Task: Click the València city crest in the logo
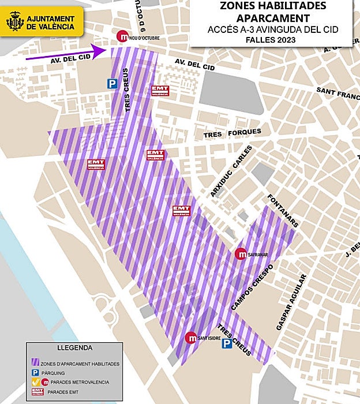[x=14, y=21]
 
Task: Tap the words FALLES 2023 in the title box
[x=270, y=40]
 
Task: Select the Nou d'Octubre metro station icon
[x=122, y=36]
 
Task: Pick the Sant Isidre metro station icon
[x=190, y=338]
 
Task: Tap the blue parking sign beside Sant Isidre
[x=227, y=343]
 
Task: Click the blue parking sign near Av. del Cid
[x=111, y=84]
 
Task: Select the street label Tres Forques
[x=232, y=133]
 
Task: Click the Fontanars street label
[x=282, y=211]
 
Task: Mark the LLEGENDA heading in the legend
[x=75, y=348]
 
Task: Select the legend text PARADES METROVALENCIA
[x=80, y=382]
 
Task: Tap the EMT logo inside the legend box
[x=37, y=392]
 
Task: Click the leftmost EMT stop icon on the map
[x=96, y=164]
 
